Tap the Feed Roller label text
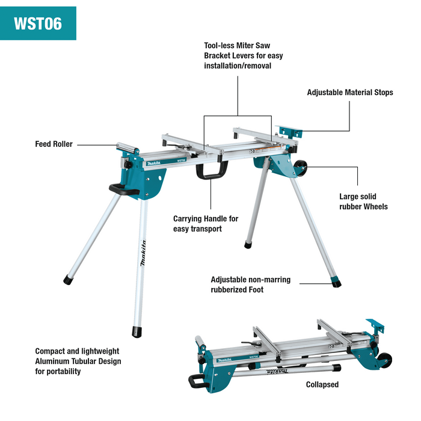click(x=54, y=144)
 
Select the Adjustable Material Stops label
click(x=349, y=93)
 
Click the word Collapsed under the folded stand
click(x=322, y=385)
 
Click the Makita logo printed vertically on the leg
click(x=143, y=255)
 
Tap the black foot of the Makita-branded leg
click(x=138, y=331)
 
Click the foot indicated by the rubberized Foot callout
click(x=336, y=281)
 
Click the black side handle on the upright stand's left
click(x=121, y=189)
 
